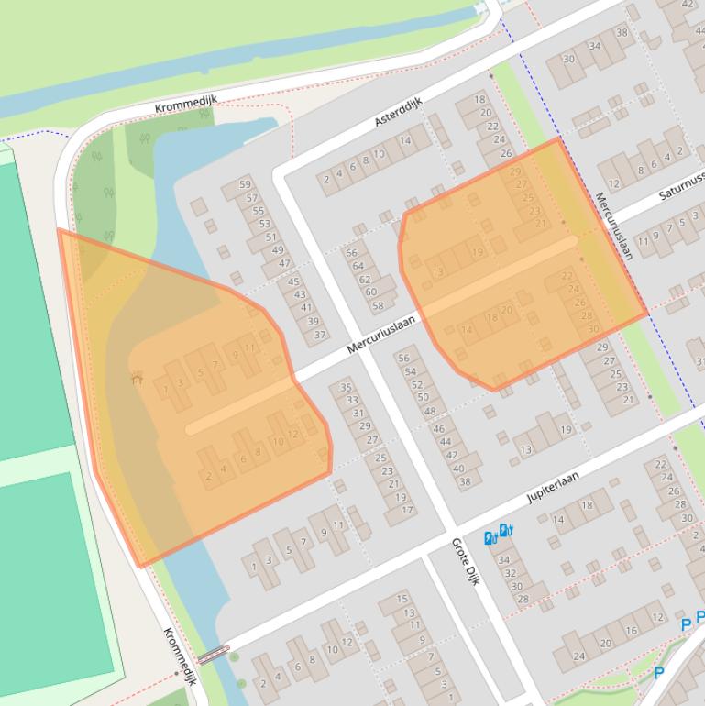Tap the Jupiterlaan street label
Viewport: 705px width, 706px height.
click(x=556, y=482)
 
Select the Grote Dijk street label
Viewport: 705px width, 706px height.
click(x=466, y=561)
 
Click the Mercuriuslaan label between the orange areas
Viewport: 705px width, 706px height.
click(x=381, y=335)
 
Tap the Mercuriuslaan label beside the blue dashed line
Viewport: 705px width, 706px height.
click(x=613, y=226)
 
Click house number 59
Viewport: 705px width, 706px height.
click(x=245, y=185)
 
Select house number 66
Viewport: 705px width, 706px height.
click(x=351, y=253)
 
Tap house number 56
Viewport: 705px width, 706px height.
click(x=403, y=359)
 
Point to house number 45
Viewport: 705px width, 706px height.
click(x=295, y=282)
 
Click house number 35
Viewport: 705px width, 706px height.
click(x=347, y=387)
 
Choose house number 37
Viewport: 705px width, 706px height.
click(x=319, y=335)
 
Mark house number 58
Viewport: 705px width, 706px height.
click(x=377, y=305)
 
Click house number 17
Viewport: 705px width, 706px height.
click(x=407, y=510)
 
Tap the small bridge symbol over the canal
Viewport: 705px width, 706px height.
click(x=213, y=654)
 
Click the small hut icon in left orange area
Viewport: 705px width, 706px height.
click(x=137, y=377)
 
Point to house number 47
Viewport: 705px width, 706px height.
click(x=283, y=263)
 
